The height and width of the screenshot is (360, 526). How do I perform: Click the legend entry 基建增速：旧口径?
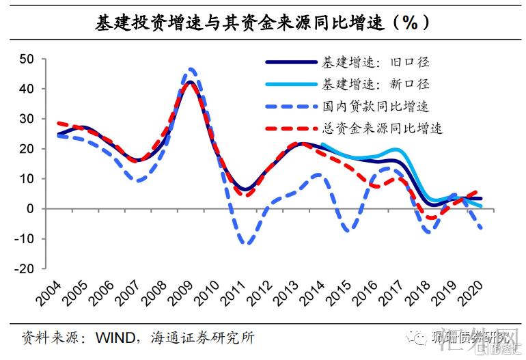click(x=375, y=63)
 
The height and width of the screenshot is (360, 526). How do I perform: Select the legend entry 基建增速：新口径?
click(x=375, y=85)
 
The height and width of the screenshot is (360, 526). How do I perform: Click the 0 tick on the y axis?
click(x=30, y=209)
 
